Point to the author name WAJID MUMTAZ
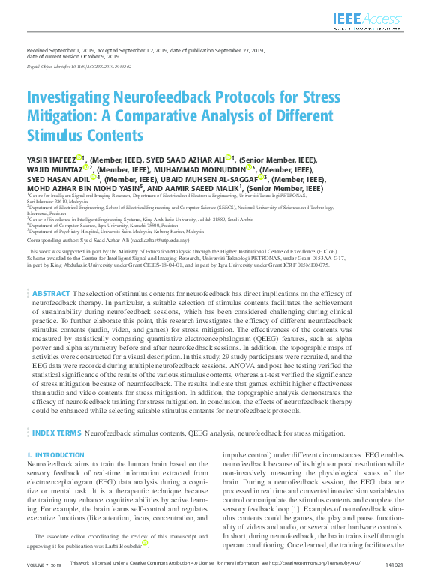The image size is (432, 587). point(54,169)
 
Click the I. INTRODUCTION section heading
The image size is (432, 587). point(55,455)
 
